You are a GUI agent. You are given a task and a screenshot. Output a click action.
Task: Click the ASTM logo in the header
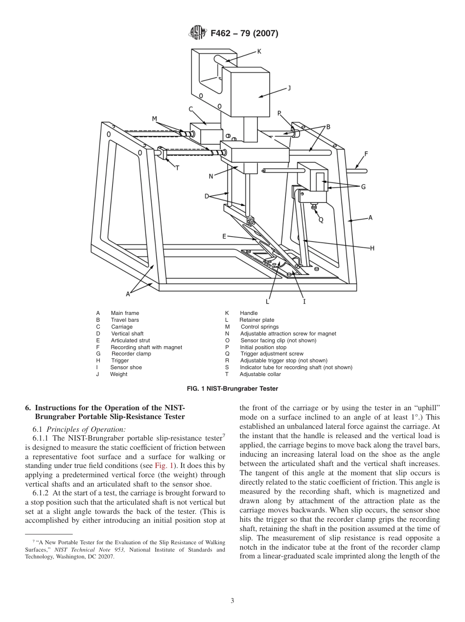point(198,33)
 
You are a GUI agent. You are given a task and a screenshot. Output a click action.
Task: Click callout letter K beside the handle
point(259,51)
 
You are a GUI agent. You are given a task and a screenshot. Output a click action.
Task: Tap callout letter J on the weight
point(289,88)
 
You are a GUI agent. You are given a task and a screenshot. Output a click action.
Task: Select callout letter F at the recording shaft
point(366,154)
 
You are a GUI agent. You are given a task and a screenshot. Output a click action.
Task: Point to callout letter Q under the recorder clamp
point(321,220)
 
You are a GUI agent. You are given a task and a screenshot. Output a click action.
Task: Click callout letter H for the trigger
point(372,248)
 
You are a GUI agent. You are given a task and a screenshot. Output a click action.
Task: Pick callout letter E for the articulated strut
point(224,236)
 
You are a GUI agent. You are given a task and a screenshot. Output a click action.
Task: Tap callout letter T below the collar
point(177,168)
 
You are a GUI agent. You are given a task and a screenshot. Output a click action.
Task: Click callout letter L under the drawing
point(267,301)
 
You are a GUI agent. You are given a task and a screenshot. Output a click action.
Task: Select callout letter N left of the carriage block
point(211,176)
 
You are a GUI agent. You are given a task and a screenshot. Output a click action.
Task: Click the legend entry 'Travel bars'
point(125,320)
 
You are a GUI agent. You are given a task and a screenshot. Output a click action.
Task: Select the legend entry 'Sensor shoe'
point(126,367)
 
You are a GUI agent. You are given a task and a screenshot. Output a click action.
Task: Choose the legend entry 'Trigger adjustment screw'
point(272,354)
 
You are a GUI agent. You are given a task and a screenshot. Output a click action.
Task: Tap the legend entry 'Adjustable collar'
point(260,374)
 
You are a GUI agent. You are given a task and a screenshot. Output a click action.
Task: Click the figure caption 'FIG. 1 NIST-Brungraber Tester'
point(232,389)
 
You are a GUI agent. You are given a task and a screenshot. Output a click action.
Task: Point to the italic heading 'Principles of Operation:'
point(86,429)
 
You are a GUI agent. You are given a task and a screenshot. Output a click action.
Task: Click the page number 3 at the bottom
point(232,601)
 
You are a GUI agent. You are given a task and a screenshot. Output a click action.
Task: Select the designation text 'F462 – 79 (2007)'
point(244,33)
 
